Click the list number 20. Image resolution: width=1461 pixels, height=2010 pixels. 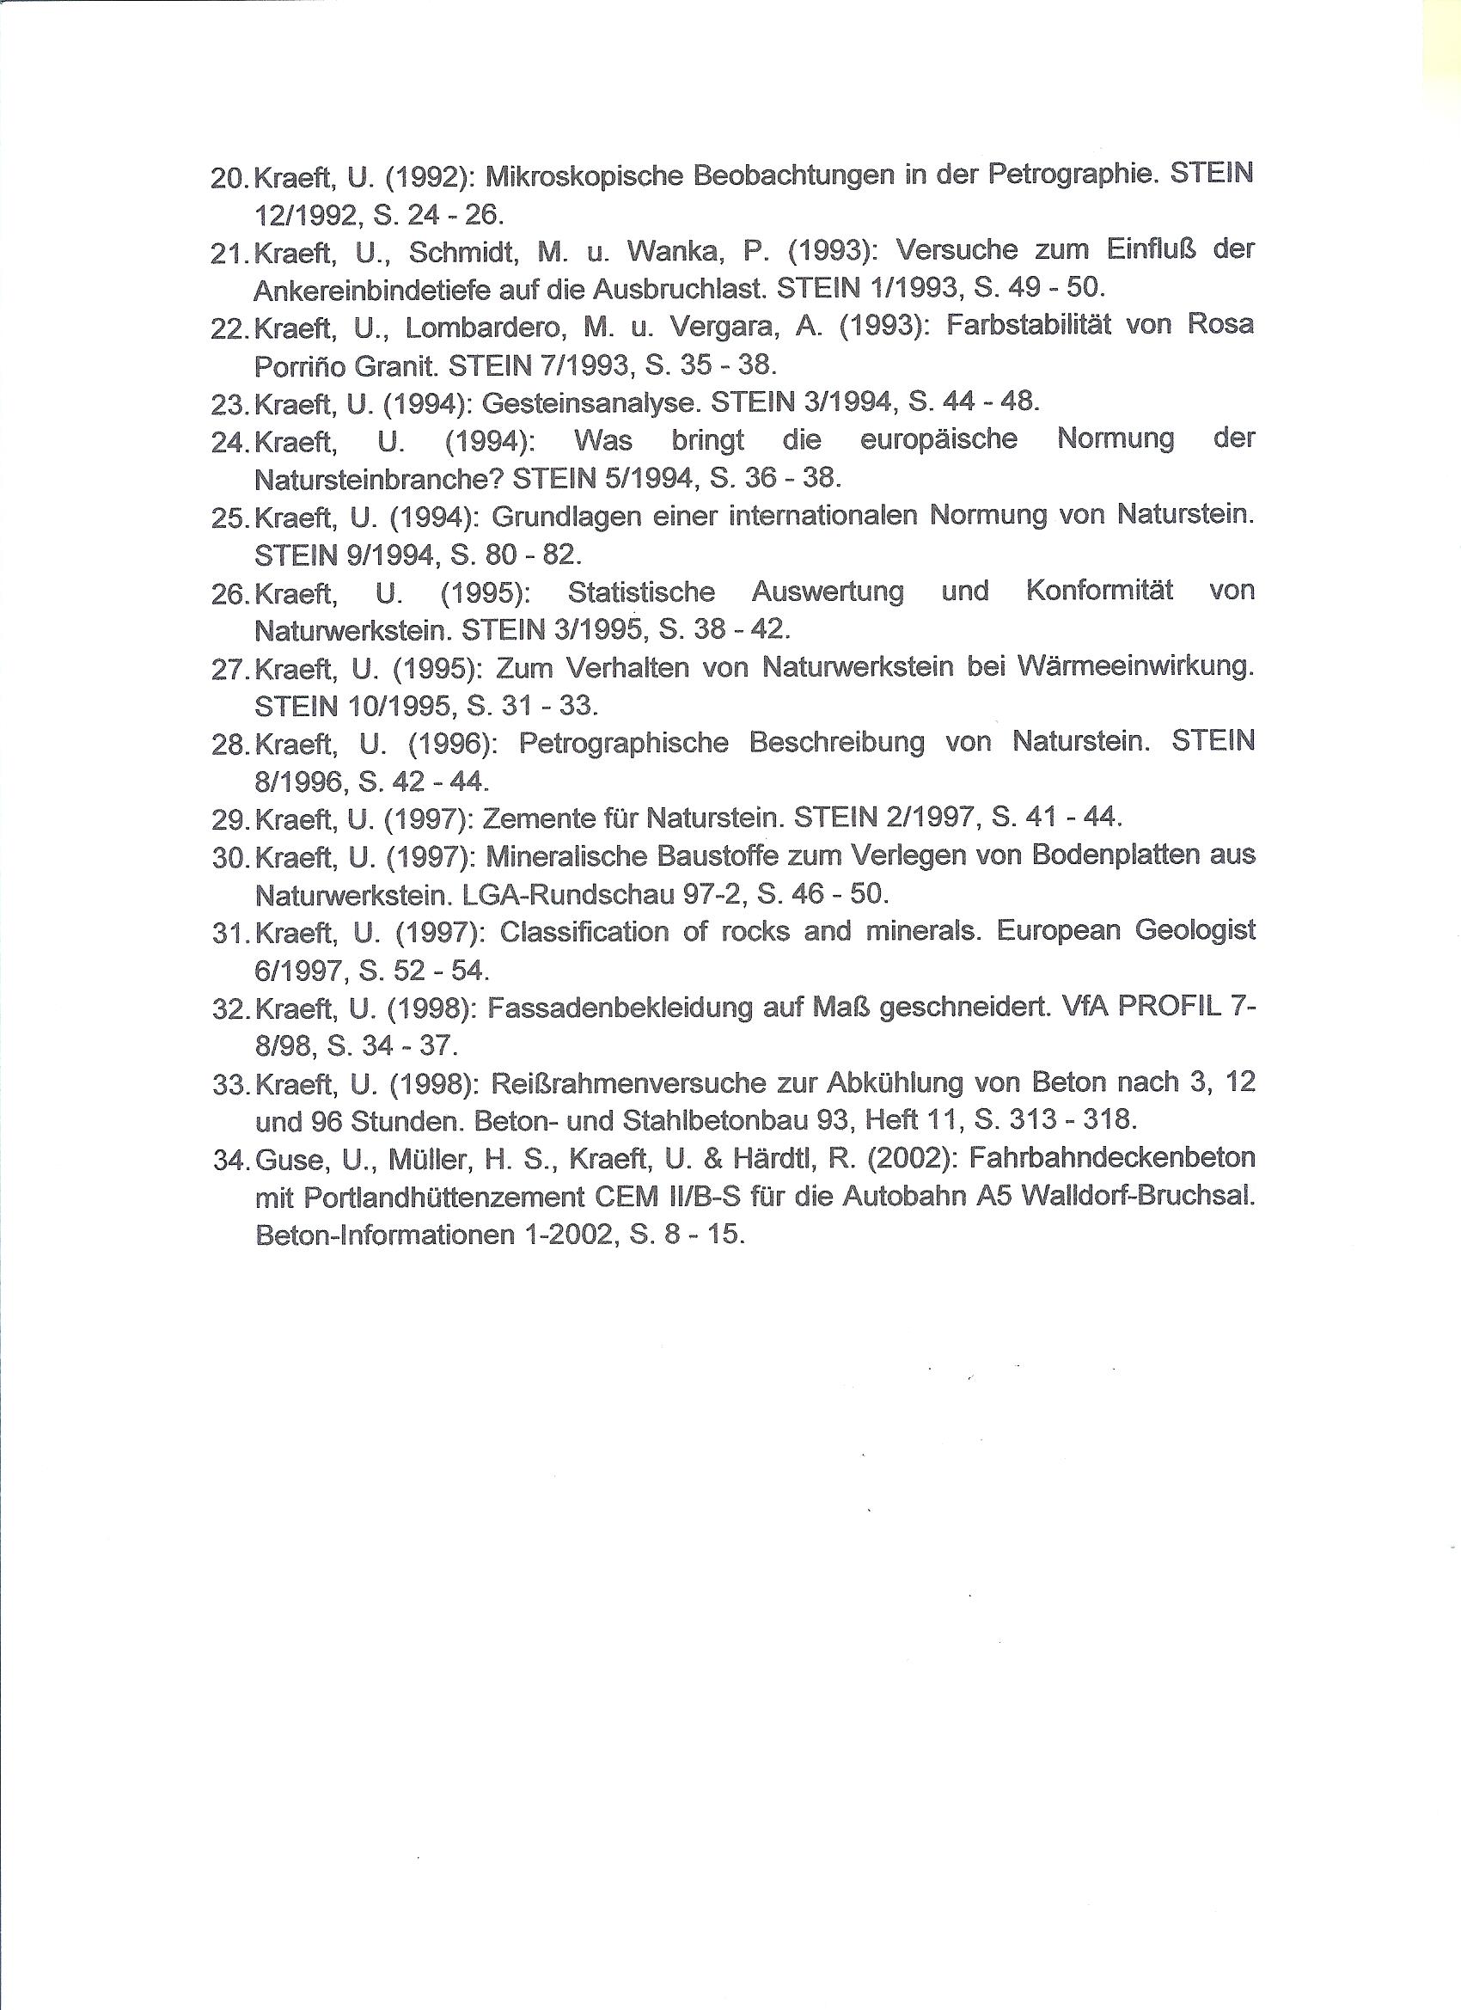coord(228,178)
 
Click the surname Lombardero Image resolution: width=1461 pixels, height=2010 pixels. coord(485,327)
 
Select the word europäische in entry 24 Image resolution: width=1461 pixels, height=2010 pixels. coord(938,439)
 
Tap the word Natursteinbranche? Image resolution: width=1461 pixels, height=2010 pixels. coord(378,479)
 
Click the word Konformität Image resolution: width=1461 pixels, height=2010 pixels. coord(1098,591)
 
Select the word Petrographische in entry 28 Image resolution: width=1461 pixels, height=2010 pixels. coord(624,742)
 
